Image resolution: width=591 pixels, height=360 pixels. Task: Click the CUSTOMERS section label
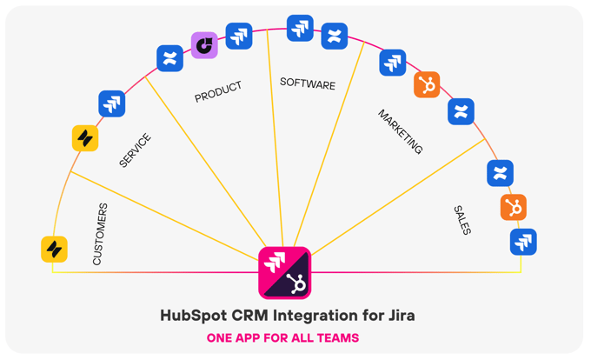coord(100,234)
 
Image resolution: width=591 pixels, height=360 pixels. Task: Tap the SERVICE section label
coord(135,150)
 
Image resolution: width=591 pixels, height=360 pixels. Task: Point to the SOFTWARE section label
coord(308,84)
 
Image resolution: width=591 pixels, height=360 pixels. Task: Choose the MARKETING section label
coord(400,132)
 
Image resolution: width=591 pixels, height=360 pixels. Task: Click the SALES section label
coord(462,220)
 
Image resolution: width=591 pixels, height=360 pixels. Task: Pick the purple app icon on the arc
coord(204,45)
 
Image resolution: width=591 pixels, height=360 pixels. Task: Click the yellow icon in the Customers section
coord(55,250)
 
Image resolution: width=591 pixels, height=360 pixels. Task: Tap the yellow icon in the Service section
coord(85,138)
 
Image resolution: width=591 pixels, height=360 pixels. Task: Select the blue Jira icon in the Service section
coord(112,103)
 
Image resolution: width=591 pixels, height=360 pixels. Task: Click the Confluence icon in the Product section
coord(169,58)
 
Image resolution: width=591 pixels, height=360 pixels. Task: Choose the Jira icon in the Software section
coord(300,28)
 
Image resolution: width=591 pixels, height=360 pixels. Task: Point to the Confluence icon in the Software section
coord(335,37)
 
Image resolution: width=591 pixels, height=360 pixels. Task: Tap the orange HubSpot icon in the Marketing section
coord(427,85)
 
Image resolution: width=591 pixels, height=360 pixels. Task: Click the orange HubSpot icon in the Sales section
coord(514,207)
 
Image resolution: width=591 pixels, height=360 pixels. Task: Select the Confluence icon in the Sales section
coord(501,173)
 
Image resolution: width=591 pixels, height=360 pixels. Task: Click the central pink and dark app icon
coord(285,273)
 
